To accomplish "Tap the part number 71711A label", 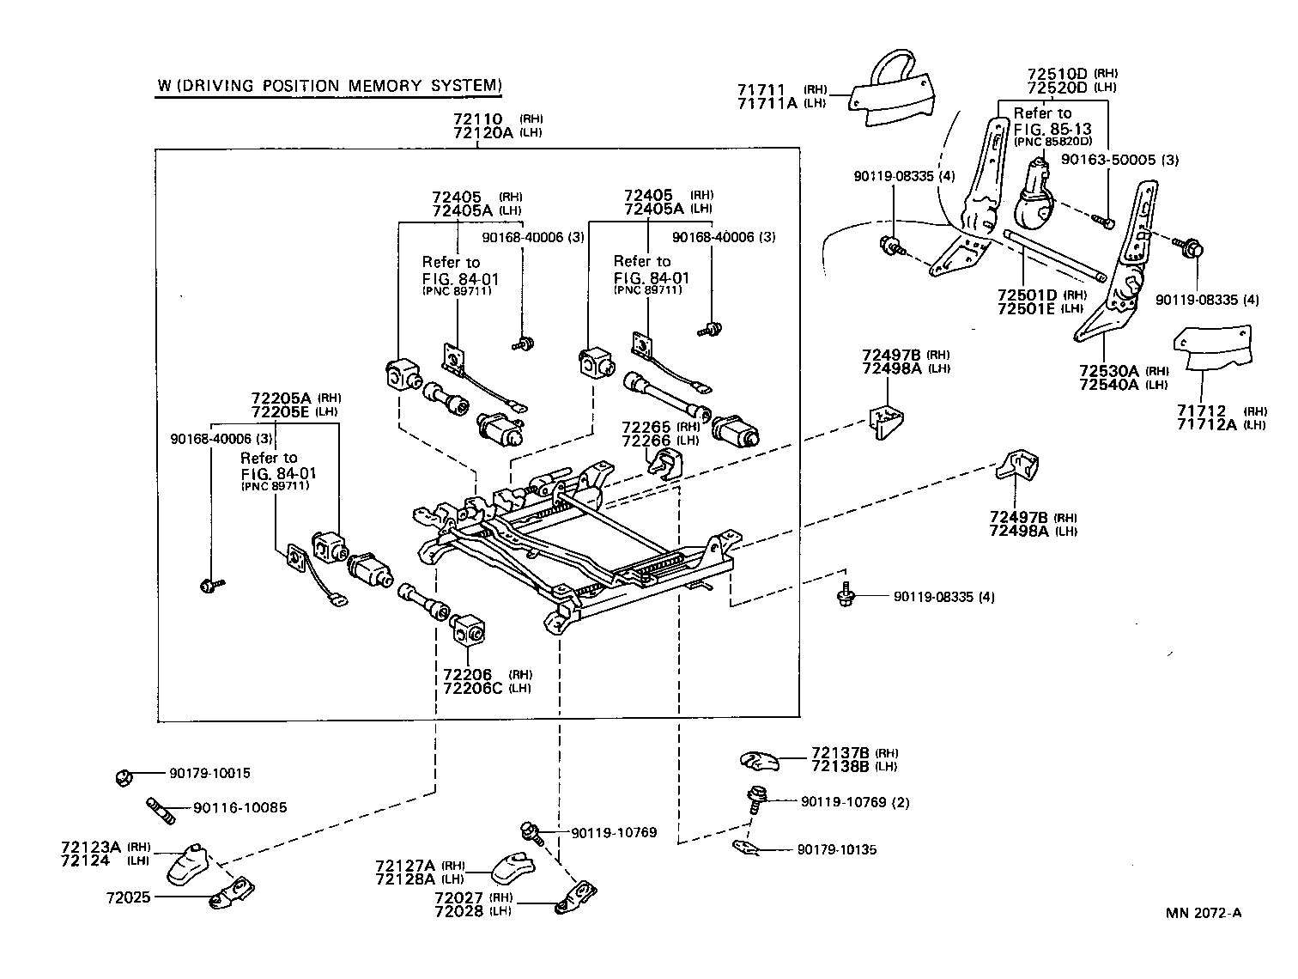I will click(x=767, y=103).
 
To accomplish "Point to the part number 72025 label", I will click(x=129, y=897).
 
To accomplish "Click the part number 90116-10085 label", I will click(x=240, y=807).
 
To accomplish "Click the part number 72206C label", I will click(x=473, y=688).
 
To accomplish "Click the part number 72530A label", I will click(x=1108, y=370).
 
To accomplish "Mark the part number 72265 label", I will click(x=647, y=427).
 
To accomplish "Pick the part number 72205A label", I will click(x=282, y=398).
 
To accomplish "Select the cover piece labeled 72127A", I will click(x=516, y=867).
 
